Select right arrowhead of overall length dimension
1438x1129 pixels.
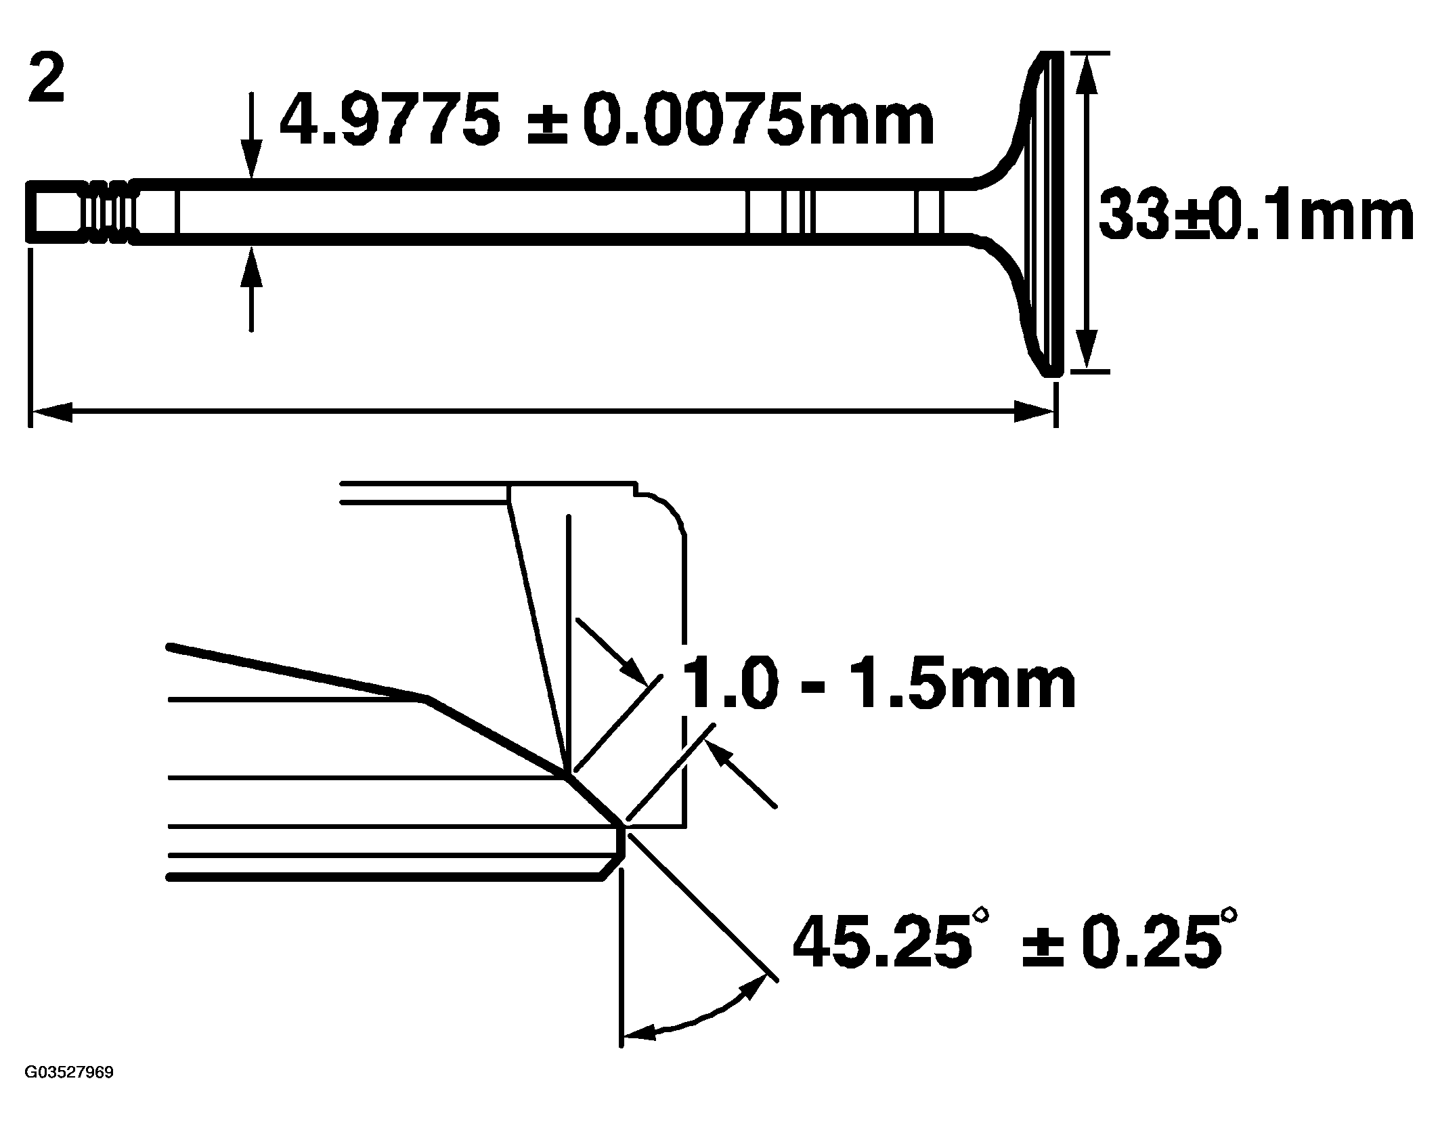tap(1032, 410)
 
